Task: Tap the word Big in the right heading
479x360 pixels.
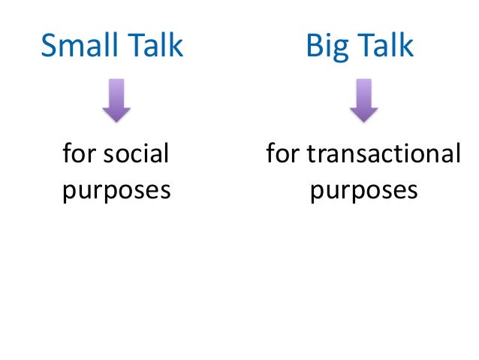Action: (x=326, y=47)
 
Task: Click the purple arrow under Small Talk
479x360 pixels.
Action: (x=116, y=101)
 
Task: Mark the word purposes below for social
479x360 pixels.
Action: (x=116, y=189)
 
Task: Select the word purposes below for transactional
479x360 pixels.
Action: (x=363, y=189)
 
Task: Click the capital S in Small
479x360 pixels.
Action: (x=49, y=46)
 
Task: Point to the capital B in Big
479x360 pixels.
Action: (x=312, y=46)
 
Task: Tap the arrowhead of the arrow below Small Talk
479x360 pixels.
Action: (x=116, y=113)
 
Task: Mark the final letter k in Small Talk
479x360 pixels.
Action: (x=175, y=46)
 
